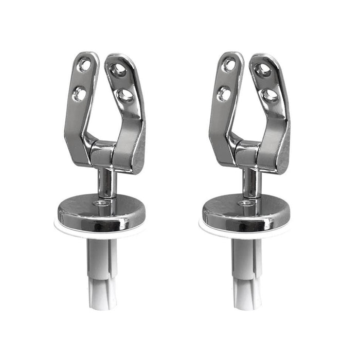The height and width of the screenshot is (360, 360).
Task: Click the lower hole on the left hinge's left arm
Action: click(80, 94)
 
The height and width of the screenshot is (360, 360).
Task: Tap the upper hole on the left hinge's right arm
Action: click(119, 69)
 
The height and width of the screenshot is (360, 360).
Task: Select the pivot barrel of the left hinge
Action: click(103, 153)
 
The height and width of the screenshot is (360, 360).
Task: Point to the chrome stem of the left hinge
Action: click(106, 183)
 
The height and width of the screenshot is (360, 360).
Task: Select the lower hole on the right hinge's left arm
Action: click(224, 94)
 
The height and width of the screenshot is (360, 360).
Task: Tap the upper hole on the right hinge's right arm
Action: click(263, 69)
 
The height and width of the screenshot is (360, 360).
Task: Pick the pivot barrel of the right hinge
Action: click(247, 153)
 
